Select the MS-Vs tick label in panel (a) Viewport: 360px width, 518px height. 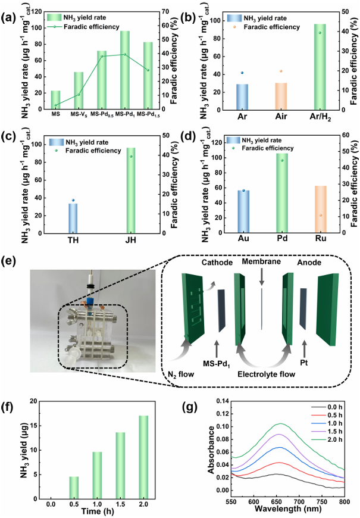[x=78, y=114]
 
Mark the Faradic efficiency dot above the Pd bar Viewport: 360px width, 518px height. [x=283, y=160]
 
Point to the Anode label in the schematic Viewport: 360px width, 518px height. [x=310, y=262]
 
